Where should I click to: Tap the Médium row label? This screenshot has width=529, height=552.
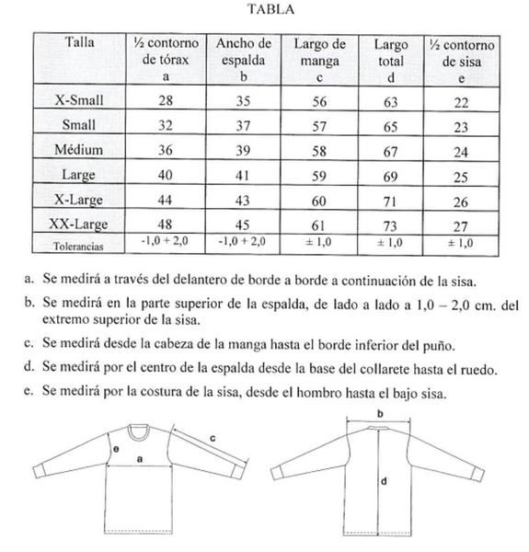point(80,149)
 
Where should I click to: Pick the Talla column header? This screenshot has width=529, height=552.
point(80,43)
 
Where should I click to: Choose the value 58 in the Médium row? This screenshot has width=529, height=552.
point(320,149)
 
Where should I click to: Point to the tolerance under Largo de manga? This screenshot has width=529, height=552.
point(320,245)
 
